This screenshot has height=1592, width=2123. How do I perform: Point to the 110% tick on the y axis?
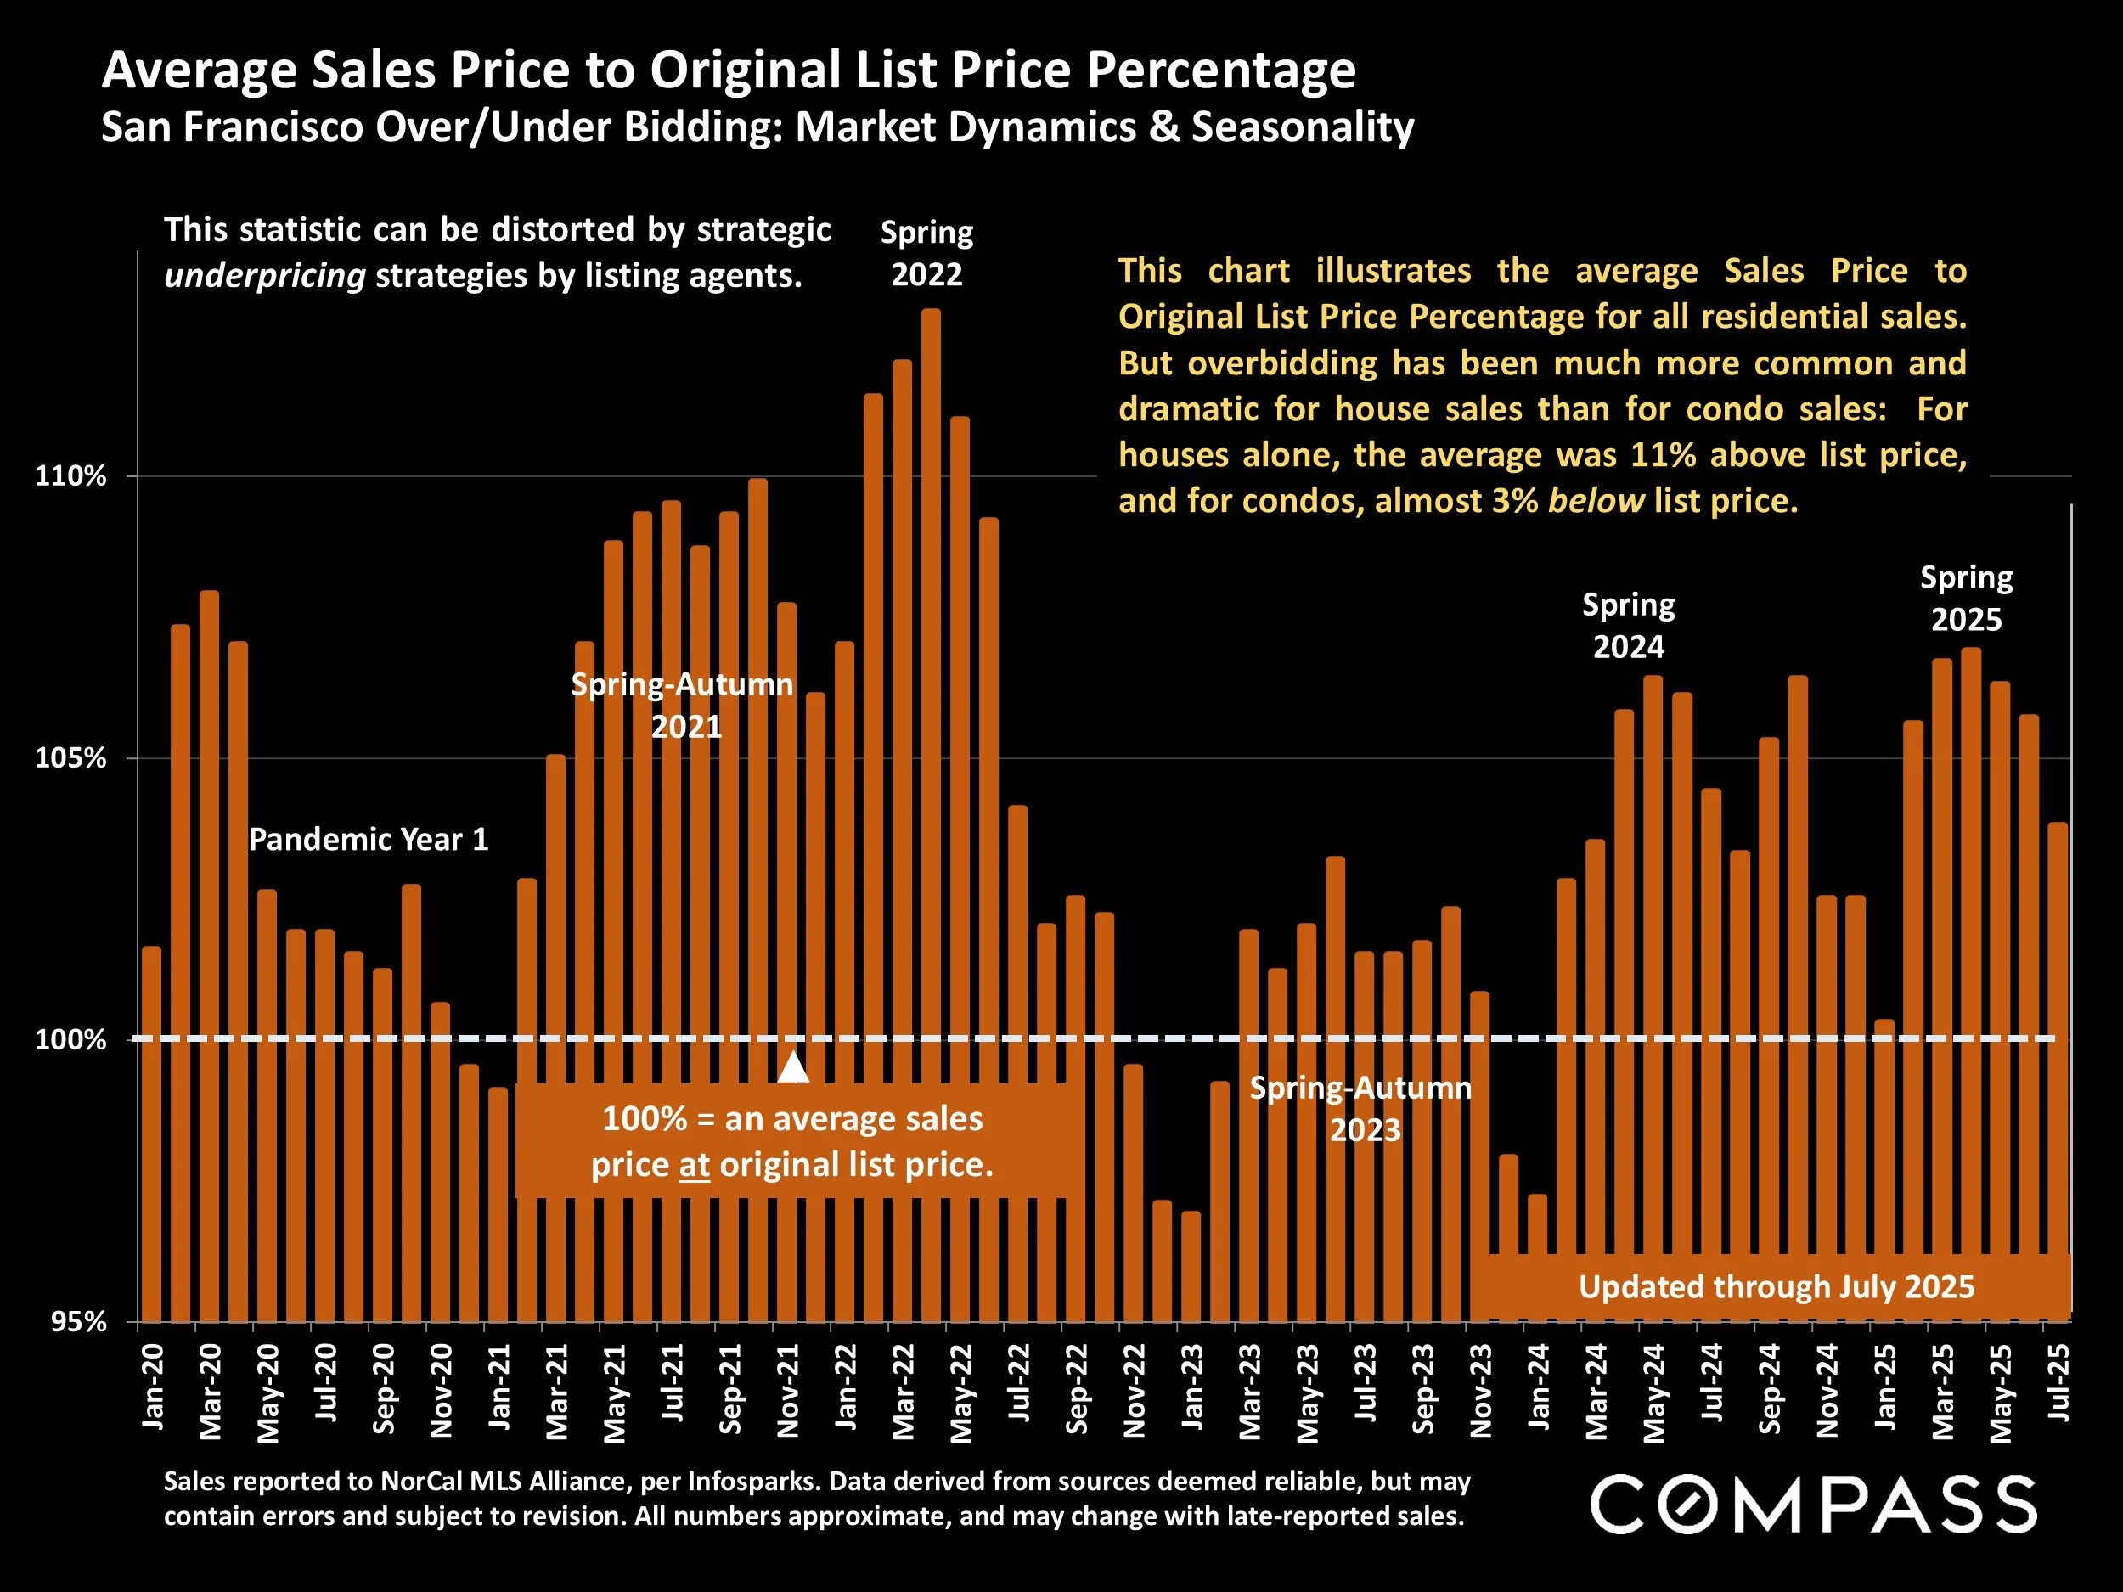[x=70, y=476]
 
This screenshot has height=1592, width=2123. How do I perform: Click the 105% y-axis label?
[x=70, y=758]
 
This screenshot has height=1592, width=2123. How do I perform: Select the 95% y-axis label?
[x=76, y=1321]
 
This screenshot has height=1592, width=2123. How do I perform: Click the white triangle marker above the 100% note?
[x=793, y=1066]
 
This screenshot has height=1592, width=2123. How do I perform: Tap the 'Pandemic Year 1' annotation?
[x=369, y=840]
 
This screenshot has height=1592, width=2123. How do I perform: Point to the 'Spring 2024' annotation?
[x=1628, y=626]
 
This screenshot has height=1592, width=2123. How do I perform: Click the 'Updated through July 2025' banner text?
[x=1777, y=1287]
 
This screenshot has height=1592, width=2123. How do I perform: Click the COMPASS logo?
[x=1813, y=1504]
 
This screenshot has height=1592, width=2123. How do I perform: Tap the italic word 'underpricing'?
[x=265, y=276]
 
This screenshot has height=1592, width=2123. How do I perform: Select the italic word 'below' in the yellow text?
[x=1596, y=501]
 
